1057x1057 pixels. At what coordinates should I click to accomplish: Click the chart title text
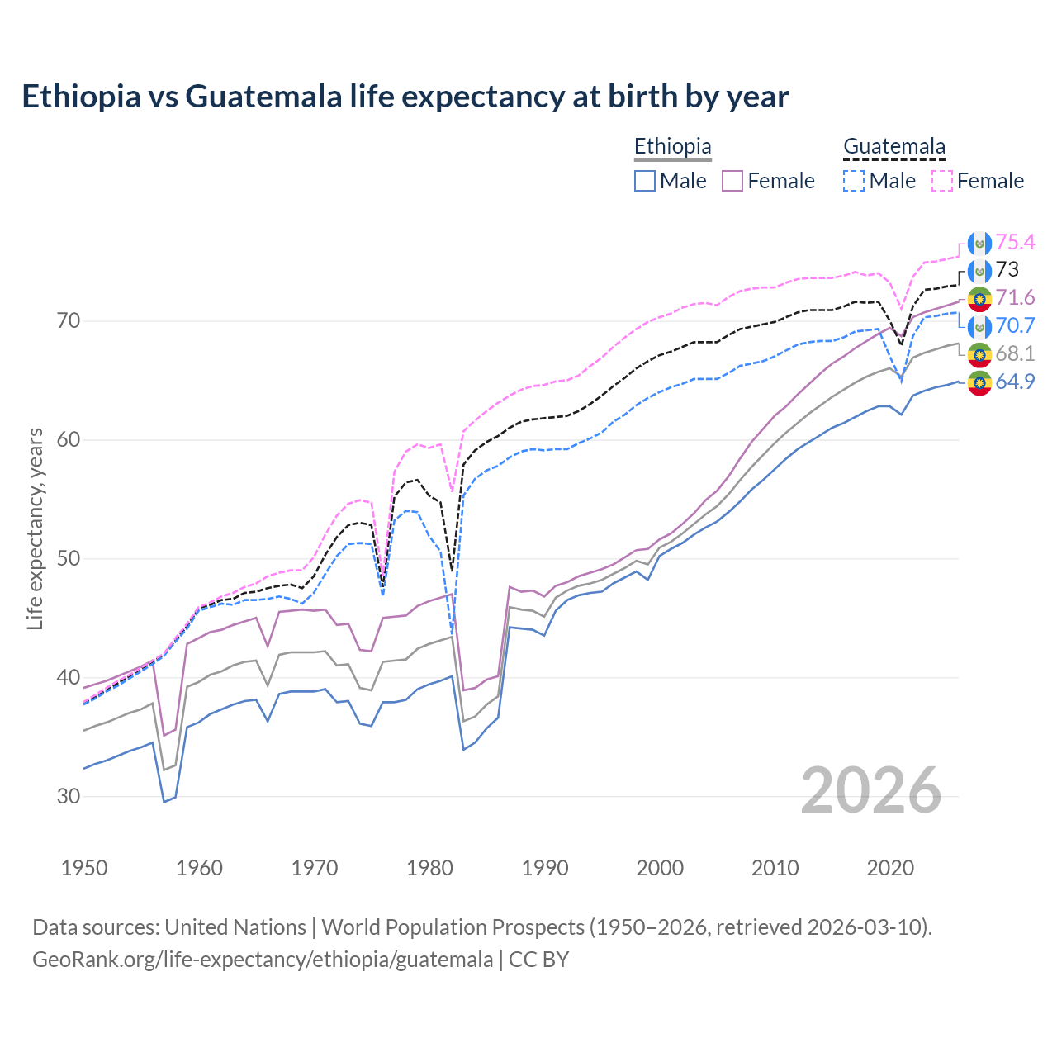(x=405, y=97)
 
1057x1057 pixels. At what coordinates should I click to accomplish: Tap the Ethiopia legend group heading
(x=672, y=146)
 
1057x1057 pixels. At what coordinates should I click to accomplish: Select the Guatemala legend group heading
(x=893, y=146)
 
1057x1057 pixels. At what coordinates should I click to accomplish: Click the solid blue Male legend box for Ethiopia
(x=645, y=181)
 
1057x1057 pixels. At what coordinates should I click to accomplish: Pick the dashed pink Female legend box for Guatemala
(x=942, y=181)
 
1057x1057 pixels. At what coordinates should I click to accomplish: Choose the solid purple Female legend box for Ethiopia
(x=733, y=181)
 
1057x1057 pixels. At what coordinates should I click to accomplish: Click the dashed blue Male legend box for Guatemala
(x=855, y=181)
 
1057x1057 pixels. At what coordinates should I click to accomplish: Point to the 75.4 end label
(x=1015, y=242)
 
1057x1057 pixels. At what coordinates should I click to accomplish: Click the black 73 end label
(x=1007, y=269)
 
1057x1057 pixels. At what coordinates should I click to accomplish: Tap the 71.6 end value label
(x=1015, y=297)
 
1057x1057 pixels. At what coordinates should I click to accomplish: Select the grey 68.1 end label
(x=1015, y=353)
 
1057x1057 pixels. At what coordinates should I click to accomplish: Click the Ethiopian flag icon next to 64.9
(x=979, y=382)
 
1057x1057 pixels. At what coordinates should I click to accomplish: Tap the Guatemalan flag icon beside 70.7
(x=979, y=326)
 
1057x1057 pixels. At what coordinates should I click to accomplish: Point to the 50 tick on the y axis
(x=69, y=558)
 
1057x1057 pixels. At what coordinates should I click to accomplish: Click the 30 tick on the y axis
(x=69, y=796)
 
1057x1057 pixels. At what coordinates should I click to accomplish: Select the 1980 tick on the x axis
(x=429, y=868)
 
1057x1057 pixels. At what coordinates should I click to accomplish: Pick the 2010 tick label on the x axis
(x=775, y=868)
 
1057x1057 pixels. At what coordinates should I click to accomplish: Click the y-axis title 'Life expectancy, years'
(x=36, y=528)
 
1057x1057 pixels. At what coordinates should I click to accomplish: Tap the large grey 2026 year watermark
(x=870, y=790)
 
